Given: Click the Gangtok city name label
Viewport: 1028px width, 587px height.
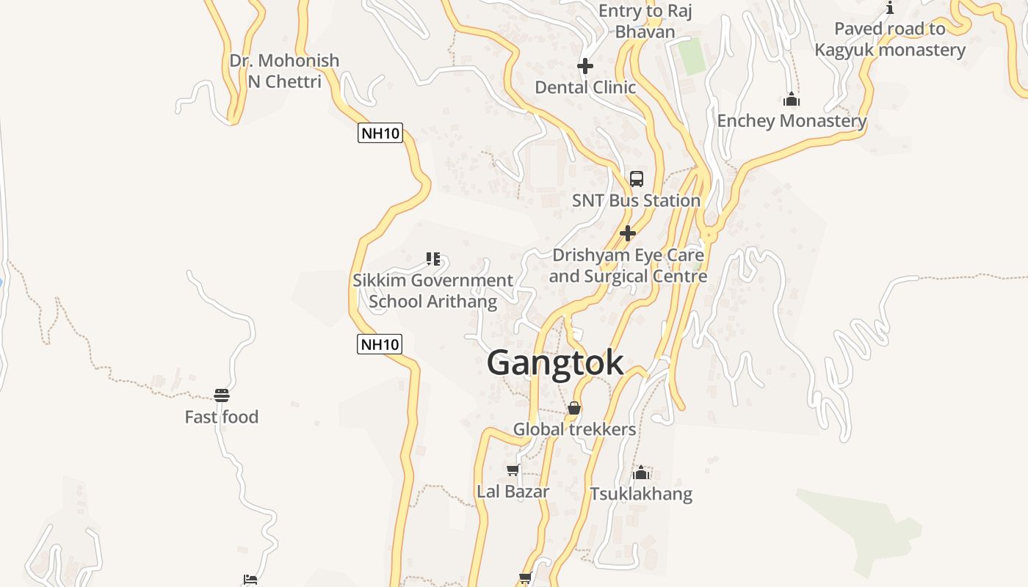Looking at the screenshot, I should coord(555,363).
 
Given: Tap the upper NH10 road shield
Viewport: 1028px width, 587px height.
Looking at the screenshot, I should coord(380,134).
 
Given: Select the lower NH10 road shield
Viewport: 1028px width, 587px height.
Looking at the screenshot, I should coord(380,344).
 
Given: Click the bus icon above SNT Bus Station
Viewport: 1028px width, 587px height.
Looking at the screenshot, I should coord(637,178).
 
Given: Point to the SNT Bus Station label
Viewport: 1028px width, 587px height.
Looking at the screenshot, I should coord(636,200).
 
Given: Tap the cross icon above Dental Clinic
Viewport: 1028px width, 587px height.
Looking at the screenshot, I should coord(585,67).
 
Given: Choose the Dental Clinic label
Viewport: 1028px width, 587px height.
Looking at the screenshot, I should coord(585,87).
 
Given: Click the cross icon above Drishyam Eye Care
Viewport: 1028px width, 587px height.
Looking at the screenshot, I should coord(628,233).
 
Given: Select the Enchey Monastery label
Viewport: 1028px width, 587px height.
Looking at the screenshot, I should coord(792,121).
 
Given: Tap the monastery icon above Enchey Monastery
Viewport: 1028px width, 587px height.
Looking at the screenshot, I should coord(792,99).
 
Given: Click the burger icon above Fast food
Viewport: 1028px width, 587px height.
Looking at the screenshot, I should coord(222,395).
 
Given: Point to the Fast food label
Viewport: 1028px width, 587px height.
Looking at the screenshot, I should coord(222,417).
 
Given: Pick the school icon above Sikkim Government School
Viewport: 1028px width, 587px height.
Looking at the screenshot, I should coord(433,259).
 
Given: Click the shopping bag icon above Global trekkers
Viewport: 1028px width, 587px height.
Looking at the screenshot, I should coord(574,408).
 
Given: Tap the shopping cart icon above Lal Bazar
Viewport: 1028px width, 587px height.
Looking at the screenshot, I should coord(513,470).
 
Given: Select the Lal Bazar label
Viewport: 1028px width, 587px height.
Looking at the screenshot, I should coord(513,492).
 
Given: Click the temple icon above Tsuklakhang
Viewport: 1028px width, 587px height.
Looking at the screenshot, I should coord(641,473).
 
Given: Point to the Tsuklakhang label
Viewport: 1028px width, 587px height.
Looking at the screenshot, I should coord(641,494).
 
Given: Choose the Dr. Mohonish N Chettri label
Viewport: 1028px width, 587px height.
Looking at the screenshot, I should coord(284,70).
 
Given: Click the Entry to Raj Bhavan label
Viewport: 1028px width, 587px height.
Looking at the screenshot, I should coord(645,21).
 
